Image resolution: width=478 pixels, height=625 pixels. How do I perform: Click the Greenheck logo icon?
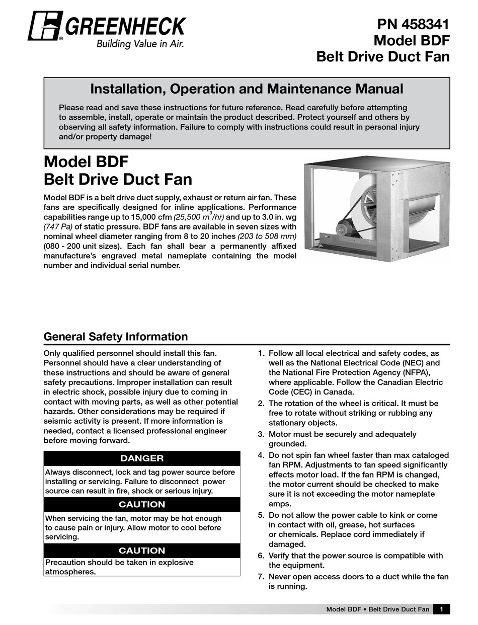click(x=45, y=26)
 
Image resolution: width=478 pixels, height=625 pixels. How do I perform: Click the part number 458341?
click(x=422, y=25)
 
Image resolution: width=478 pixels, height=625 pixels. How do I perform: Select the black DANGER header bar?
click(x=142, y=458)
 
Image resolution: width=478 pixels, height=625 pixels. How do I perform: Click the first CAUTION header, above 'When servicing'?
click(x=142, y=504)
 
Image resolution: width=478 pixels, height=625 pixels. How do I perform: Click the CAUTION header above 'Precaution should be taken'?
click(x=142, y=551)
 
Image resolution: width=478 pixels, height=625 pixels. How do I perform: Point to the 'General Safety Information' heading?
click(x=116, y=337)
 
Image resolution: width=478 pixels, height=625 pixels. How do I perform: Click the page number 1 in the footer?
click(x=441, y=609)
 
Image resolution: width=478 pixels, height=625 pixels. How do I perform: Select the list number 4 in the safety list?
click(x=261, y=455)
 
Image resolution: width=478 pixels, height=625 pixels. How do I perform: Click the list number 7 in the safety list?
click(x=261, y=577)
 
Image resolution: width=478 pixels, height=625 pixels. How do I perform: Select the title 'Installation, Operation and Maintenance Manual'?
click(x=247, y=89)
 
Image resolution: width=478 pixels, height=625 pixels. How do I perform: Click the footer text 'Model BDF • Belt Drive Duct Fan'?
click(x=377, y=609)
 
